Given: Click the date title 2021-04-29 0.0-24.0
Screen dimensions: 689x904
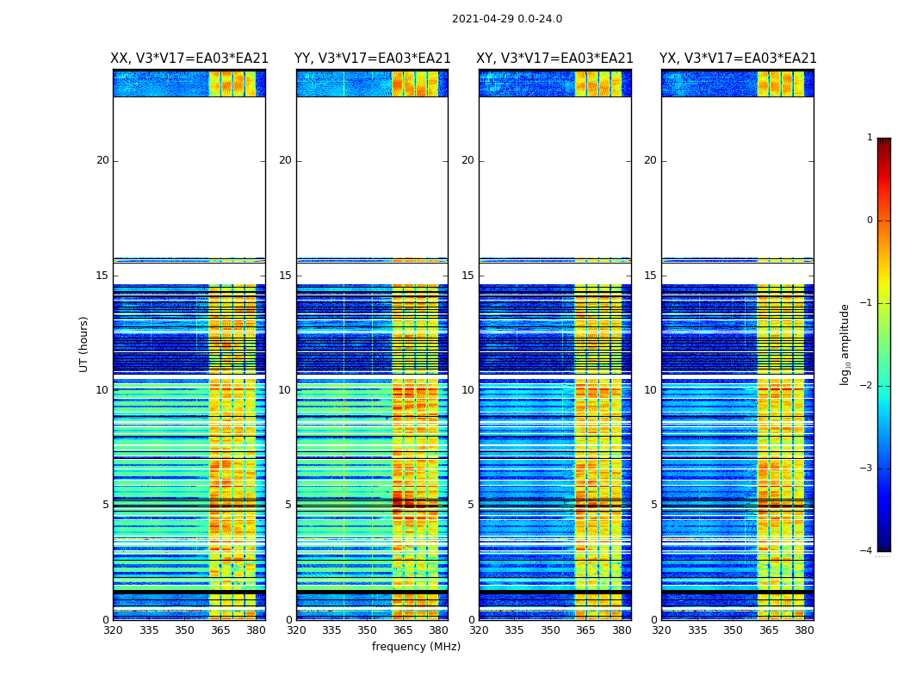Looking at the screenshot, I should (507, 19).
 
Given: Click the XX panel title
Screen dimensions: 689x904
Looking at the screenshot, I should (189, 59).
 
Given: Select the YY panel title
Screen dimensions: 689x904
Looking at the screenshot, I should (372, 59).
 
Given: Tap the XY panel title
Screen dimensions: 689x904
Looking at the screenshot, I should (554, 59).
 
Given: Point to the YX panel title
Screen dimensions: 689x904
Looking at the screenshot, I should (738, 59).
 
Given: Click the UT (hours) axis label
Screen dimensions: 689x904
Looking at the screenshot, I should (84, 344).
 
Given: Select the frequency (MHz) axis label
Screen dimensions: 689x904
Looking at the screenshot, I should (416, 647).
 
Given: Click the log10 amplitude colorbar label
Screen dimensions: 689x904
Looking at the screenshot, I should (845, 344).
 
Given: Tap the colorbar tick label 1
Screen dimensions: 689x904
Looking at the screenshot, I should (870, 138).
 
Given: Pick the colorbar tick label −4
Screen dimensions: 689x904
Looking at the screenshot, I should (866, 551).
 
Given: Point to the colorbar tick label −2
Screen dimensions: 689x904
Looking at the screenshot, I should (866, 386).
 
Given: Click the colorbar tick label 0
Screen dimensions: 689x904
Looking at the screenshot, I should (870, 220).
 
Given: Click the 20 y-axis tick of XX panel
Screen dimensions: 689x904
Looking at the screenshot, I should (102, 160).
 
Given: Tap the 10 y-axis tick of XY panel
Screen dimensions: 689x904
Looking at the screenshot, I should (467, 390).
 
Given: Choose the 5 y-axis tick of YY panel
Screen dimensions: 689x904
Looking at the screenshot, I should (288, 505).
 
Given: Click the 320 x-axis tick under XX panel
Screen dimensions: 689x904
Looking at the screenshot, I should (113, 630).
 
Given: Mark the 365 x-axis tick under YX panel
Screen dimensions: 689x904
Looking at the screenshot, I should (769, 630).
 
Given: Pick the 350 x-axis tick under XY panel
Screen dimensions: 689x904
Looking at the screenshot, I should (550, 630).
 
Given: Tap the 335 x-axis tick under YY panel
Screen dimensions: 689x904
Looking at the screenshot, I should (331, 630).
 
